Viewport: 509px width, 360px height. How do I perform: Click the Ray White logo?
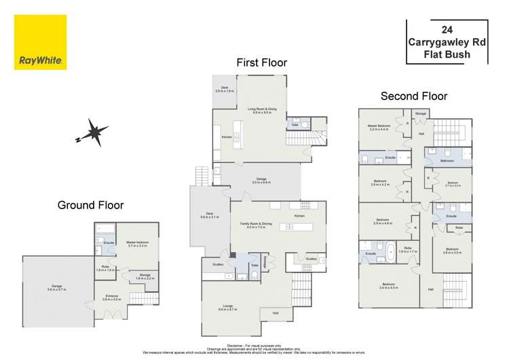pos(40,42)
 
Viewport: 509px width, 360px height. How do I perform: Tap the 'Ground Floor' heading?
pos(90,204)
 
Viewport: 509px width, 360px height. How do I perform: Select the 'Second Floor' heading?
pos(413,96)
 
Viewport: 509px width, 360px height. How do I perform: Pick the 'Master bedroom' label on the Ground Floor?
pos(137,243)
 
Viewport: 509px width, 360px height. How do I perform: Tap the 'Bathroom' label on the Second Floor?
pos(446,161)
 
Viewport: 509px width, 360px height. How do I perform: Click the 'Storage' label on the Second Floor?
pos(420,113)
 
